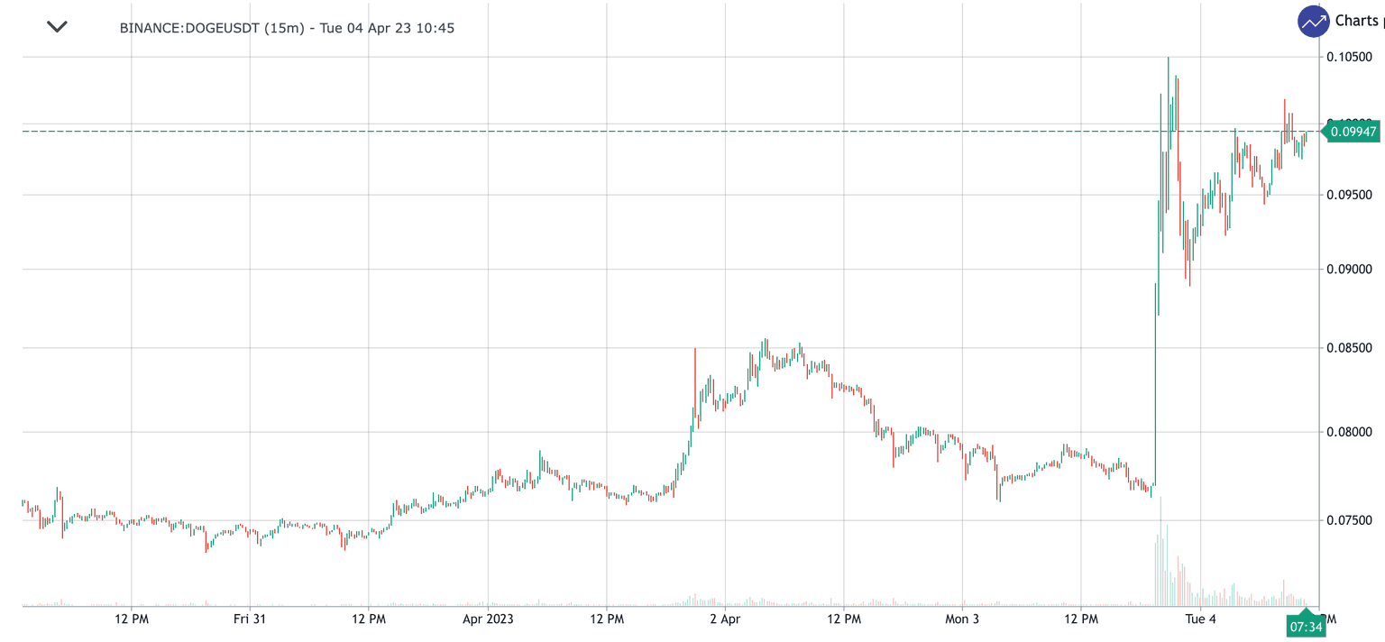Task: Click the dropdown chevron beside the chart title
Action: (x=57, y=27)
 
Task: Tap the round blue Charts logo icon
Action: (x=1314, y=21)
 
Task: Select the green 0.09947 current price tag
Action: (x=1352, y=132)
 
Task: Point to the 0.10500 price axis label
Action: (x=1349, y=57)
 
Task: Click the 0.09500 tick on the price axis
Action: (x=1349, y=195)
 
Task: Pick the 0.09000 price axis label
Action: (x=1349, y=270)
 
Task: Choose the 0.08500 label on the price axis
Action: (x=1349, y=348)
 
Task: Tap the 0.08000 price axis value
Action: (x=1349, y=433)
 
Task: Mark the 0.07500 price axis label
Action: (x=1349, y=520)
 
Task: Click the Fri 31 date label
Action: (x=250, y=619)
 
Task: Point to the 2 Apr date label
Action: (x=725, y=619)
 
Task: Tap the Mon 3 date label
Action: (x=962, y=619)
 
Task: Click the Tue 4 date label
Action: (x=1200, y=619)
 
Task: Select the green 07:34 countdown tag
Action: (x=1306, y=626)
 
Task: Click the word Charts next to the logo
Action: (x=1356, y=21)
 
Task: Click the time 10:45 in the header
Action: (x=436, y=28)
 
